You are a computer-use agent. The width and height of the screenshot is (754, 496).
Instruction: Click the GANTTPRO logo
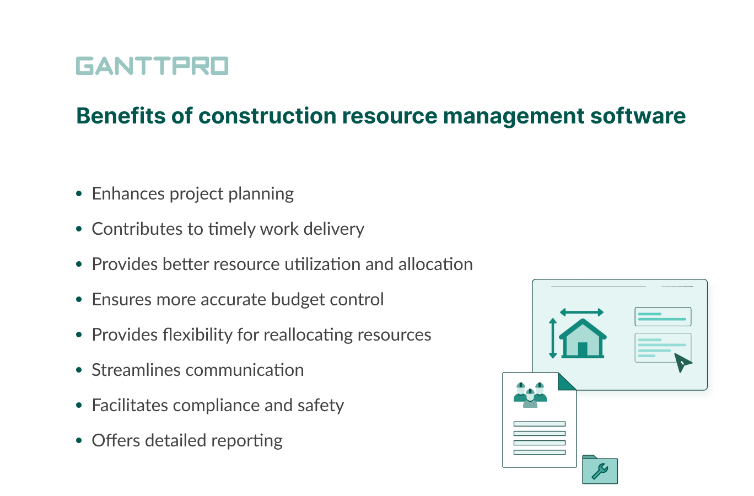click(x=152, y=66)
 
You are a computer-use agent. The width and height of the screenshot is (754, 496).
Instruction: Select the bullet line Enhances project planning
click(x=192, y=193)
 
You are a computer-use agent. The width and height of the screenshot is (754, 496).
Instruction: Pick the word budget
click(x=302, y=299)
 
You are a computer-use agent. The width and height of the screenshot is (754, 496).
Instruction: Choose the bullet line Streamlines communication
click(x=197, y=370)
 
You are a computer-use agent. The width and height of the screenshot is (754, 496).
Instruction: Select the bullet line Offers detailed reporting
click(x=187, y=440)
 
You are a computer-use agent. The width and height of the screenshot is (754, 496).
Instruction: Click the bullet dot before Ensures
click(x=79, y=299)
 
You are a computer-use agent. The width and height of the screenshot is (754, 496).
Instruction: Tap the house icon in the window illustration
click(x=583, y=338)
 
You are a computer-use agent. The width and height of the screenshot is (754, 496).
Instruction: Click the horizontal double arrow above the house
click(x=581, y=312)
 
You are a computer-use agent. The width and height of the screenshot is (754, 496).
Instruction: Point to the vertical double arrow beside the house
click(x=553, y=338)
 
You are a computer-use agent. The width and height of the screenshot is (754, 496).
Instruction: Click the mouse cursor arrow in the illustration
click(x=682, y=363)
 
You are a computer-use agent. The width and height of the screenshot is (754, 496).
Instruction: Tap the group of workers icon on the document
click(x=530, y=395)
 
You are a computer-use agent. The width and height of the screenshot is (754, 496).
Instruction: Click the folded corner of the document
click(x=567, y=381)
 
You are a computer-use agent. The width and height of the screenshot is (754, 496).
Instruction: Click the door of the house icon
click(x=583, y=349)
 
